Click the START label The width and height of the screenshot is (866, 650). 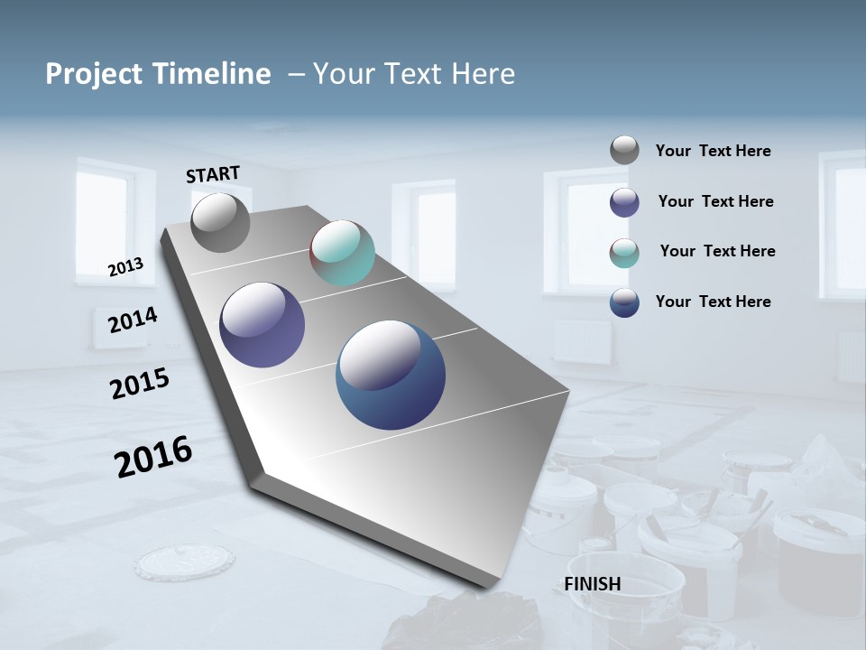213,174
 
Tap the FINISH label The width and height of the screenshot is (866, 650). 592,584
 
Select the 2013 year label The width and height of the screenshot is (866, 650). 125,266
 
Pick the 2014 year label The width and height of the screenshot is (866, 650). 133,320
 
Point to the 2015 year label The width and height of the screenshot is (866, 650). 140,384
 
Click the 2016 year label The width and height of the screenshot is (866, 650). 153,456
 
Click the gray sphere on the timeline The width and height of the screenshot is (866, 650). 220,223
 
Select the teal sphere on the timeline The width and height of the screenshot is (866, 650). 342,253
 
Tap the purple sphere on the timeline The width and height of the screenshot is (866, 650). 263,325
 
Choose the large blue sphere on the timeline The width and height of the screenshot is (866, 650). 391,375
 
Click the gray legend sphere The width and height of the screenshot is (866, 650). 624,150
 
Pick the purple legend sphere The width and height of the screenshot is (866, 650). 624,202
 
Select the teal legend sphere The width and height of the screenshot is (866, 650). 624,253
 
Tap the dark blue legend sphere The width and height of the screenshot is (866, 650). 624,302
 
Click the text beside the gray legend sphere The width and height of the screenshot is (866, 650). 713,151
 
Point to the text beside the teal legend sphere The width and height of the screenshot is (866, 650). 717,251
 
